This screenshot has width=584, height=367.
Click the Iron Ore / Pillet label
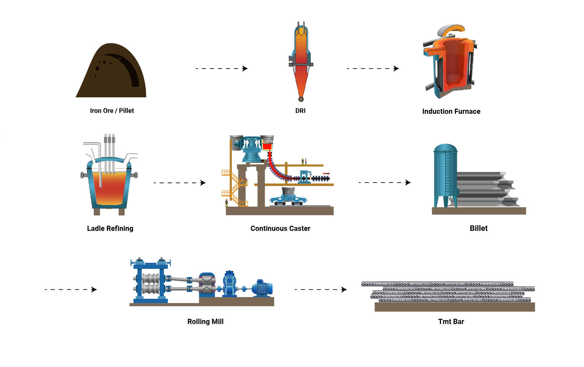[112, 111]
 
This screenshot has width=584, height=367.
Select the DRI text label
[300, 111]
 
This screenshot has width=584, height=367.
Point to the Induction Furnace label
[451, 112]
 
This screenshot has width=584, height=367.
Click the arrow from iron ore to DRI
[222, 69]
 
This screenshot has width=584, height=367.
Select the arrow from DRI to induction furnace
[373, 69]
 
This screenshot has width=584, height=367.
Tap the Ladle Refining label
[110, 228]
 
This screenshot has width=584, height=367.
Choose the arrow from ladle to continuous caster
[180, 183]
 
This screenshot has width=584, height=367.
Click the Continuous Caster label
[280, 228]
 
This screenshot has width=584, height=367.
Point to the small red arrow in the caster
[326, 174]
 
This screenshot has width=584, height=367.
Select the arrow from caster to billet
[385, 183]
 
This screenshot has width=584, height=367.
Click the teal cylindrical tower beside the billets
[445, 175]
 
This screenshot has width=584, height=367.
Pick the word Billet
[478, 228]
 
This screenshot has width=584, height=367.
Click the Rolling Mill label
[205, 321]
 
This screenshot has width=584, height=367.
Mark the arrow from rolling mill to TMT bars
[320, 289]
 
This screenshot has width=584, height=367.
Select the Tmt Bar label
[451, 321]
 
